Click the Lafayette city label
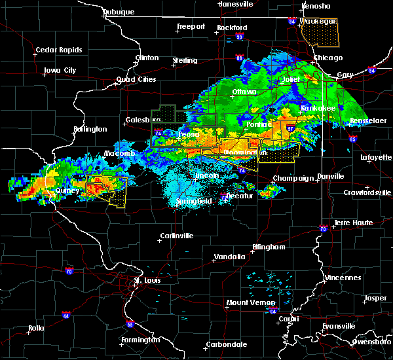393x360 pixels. pos(375,157)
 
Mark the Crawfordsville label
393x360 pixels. pos(367,192)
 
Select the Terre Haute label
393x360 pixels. pos(354,223)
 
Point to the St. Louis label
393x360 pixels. pos(147,280)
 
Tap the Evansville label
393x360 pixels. pos(339,326)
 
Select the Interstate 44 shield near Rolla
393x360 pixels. pos(65,314)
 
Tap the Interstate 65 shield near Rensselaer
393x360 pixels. pos(352,139)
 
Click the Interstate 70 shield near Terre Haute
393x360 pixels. pos(323,228)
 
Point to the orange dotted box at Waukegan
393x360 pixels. pos(319,33)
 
